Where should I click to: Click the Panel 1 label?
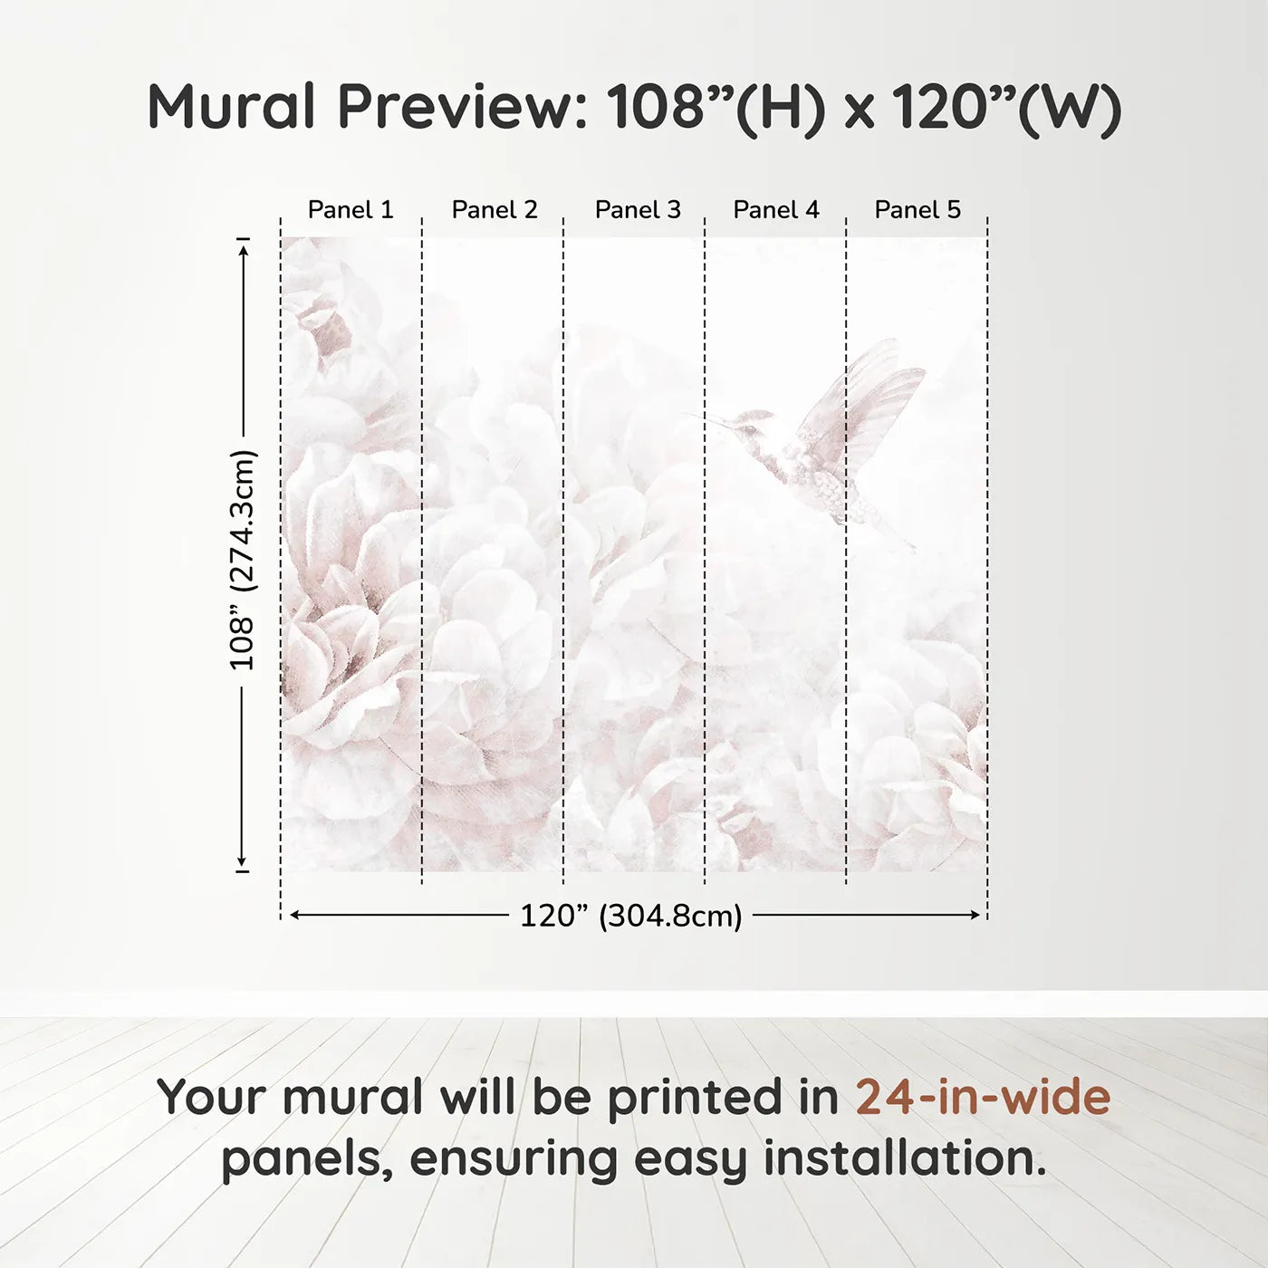tap(351, 210)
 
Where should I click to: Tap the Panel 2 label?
tap(495, 210)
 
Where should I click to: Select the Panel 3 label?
tap(638, 210)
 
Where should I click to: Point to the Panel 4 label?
tap(776, 210)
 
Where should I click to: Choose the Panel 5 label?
tap(917, 210)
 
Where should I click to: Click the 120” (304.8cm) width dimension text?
tap(630, 916)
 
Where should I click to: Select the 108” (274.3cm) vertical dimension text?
tap(243, 560)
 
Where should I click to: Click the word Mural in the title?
tap(231, 107)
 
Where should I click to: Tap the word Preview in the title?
tap(462, 107)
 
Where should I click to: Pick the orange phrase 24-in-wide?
tap(983, 1097)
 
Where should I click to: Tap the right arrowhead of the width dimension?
tap(975, 916)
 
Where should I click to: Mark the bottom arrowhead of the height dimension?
tap(243, 860)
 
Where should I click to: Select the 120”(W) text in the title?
tap(1005, 107)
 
